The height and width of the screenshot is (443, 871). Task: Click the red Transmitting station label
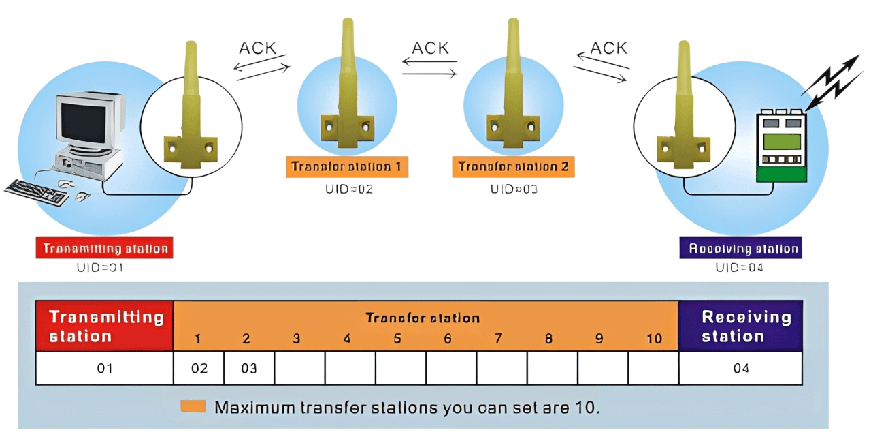point(105,248)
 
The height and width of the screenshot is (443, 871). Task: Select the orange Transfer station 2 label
point(514,167)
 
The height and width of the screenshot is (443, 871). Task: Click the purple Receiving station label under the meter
point(741,248)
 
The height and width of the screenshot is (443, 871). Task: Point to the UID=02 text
point(349,189)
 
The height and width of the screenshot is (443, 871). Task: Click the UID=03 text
point(514,189)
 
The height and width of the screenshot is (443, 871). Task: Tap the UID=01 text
point(100,268)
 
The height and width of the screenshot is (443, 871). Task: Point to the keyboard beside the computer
point(37,192)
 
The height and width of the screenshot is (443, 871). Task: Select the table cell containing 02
point(199,369)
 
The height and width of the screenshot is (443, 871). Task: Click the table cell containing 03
point(249,369)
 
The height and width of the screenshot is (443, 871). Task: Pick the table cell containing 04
point(741,369)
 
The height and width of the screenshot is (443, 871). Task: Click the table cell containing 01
point(104,369)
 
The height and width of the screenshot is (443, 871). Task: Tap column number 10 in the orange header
point(654,339)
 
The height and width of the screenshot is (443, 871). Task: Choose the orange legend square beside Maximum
point(193,407)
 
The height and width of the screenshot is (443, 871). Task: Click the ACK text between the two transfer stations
point(430,48)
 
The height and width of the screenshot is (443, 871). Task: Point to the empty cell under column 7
point(502,369)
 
